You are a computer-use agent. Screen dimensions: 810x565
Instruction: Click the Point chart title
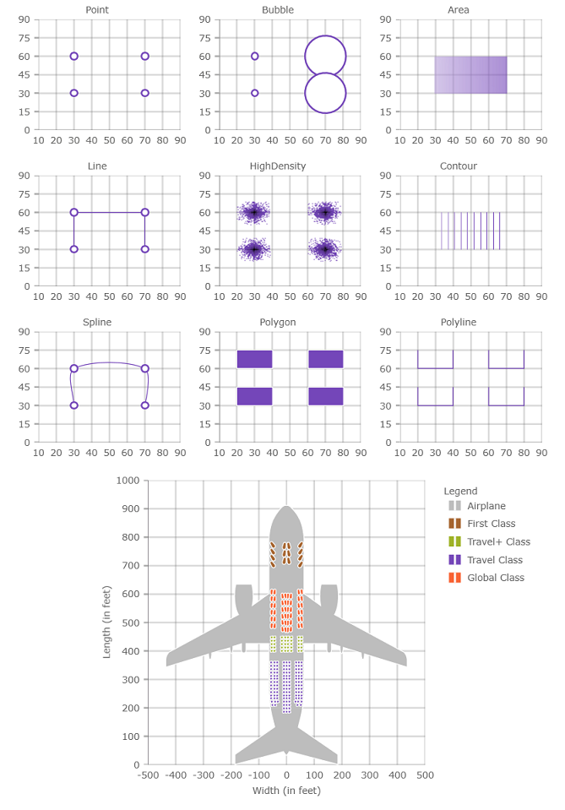click(x=97, y=10)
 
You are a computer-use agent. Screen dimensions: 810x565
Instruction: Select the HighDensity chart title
click(x=278, y=166)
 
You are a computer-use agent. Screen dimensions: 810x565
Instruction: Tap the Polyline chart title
click(x=459, y=323)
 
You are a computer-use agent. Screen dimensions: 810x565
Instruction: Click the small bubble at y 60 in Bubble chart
click(x=255, y=56)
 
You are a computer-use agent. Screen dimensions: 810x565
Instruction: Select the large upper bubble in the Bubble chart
click(x=326, y=56)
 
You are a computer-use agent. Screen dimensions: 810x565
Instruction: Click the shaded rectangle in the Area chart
click(x=471, y=74)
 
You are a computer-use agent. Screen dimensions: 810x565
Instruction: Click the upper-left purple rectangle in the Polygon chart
click(x=255, y=359)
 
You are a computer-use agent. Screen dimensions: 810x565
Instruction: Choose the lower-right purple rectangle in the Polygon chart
click(x=326, y=396)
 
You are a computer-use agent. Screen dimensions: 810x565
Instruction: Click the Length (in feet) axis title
click(x=107, y=622)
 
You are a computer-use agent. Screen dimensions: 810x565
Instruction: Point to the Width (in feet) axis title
click(x=286, y=791)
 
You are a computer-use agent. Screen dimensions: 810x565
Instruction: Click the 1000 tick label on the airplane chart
click(x=128, y=481)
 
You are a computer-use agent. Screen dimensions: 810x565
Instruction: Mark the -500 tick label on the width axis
click(x=147, y=775)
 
